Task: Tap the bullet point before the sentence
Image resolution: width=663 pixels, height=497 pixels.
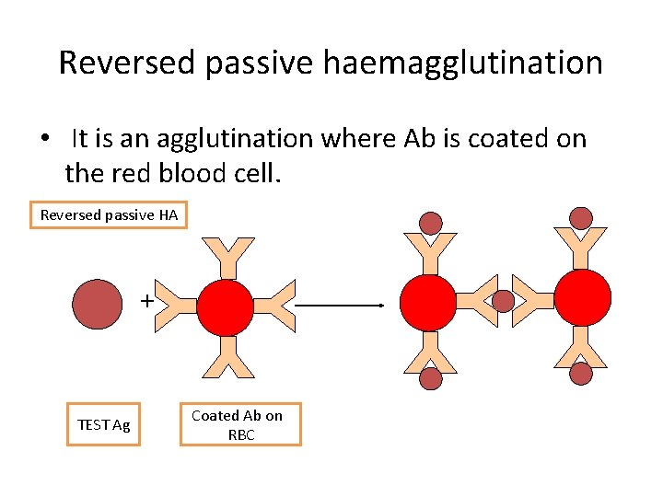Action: point(44,140)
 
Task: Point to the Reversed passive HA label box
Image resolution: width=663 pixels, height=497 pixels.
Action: point(109,214)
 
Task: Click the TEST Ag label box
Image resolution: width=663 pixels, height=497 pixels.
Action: point(104,424)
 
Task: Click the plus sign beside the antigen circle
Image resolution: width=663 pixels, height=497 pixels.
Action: point(146,300)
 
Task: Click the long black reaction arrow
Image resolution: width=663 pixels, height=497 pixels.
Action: point(340,304)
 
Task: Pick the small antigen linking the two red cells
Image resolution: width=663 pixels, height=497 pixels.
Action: point(503,302)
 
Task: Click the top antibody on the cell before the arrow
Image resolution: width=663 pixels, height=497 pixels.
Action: point(227,257)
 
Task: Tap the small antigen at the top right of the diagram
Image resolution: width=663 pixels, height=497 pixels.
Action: point(581,218)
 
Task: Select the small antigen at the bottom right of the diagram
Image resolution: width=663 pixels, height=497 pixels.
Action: point(581,373)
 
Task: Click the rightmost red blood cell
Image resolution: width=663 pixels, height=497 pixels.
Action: point(582,296)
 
